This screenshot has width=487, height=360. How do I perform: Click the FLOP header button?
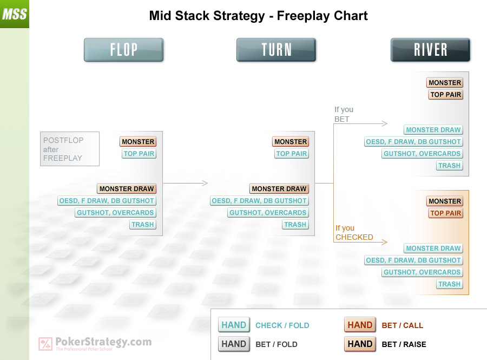[123, 50]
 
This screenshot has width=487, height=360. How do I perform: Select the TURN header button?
[276, 50]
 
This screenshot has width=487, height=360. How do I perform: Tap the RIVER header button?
[430, 50]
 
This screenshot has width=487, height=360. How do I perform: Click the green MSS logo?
[15, 14]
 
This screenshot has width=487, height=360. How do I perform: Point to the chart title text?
[259, 16]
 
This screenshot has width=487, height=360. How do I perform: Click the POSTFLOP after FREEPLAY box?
[70, 149]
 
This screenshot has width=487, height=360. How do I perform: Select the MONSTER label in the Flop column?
[138, 142]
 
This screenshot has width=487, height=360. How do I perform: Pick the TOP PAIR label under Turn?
[291, 153]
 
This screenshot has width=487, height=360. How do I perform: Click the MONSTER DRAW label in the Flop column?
[127, 188]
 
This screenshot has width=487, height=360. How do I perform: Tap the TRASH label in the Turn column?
[295, 224]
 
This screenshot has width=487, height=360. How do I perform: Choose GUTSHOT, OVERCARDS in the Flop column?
[115, 212]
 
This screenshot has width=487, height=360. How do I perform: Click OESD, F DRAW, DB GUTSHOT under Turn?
[259, 201]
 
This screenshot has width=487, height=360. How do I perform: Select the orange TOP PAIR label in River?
[446, 213]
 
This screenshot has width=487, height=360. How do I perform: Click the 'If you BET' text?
[344, 114]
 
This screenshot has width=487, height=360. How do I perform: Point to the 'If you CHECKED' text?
[354, 233]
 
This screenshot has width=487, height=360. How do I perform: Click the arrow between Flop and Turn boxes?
[185, 183]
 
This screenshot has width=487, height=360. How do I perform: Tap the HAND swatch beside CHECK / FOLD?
[234, 325]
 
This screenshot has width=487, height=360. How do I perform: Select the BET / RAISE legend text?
[404, 344]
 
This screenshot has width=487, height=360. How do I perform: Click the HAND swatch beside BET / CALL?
[360, 325]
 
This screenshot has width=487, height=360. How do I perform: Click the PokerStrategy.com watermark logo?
[95, 344]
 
